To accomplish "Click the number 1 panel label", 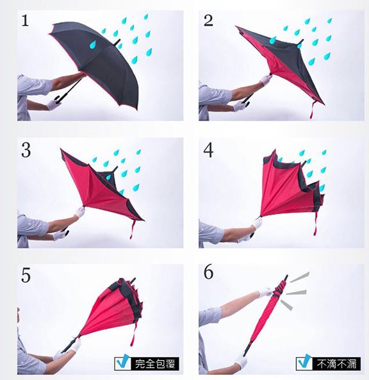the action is (25, 20).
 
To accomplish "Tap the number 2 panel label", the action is (208, 21).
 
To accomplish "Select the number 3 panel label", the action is (26, 150).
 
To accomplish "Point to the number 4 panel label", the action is (208, 150).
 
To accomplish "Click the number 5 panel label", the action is (26, 275).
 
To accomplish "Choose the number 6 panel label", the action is (208, 272).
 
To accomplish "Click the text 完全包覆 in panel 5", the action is (155, 363).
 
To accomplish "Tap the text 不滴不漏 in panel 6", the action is (337, 363).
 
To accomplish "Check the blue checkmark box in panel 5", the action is (123, 363).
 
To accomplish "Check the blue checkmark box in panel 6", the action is (304, 363).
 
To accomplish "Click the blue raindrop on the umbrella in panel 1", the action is (93, 45).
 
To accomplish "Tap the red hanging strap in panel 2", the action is (313, 110).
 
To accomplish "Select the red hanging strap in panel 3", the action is (132, 229).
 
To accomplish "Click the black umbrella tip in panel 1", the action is (117, 42).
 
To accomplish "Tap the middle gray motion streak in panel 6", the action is (297, 292).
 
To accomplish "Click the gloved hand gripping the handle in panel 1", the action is (54, 103).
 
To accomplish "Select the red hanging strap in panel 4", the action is (315, 224).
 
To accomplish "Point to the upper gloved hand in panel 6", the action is (266, 292).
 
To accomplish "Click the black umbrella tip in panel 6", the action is (286, 279).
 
